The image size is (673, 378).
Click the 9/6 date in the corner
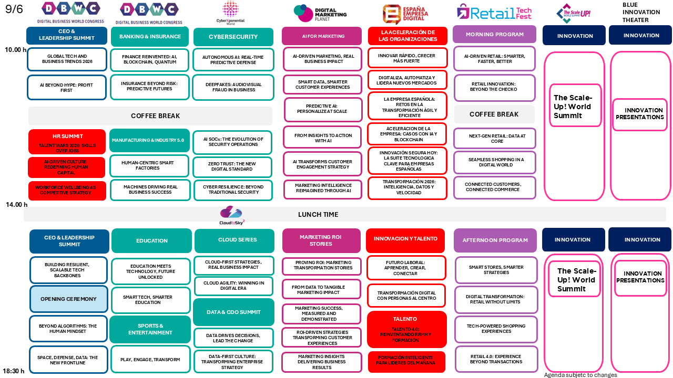pyautogui.click(x=14, y=9)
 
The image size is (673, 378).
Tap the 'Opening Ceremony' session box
pyautogui.click(x=68, y=299)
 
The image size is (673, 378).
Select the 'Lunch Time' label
pyautogui.click(x=318, y=214)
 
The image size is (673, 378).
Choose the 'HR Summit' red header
pyautogui.click(x=67, y=136)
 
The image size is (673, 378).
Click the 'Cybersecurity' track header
pyautogui.click(x=233, y=37)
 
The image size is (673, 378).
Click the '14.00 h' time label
pyautogui.click(x=16, y=205)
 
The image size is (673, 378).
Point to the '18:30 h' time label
pyautogui.click(x=14, y=371)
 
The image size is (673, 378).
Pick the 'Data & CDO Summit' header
pyautogui.click(x=233, y=312)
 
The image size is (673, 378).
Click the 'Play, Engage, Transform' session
pyautogui.click(x=150, y=360)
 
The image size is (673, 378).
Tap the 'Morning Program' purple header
pyautogui.click(x=494, y=35)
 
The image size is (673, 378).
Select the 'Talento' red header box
pyautogui.click(x=405, y=319)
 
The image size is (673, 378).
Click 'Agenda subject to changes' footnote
pyautogui.click(x=580, y=375)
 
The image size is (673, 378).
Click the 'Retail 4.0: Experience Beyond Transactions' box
pyautogui.click(x=496, y=359)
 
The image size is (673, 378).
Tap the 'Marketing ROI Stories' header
pyautogui.click(x=321, y=240)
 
